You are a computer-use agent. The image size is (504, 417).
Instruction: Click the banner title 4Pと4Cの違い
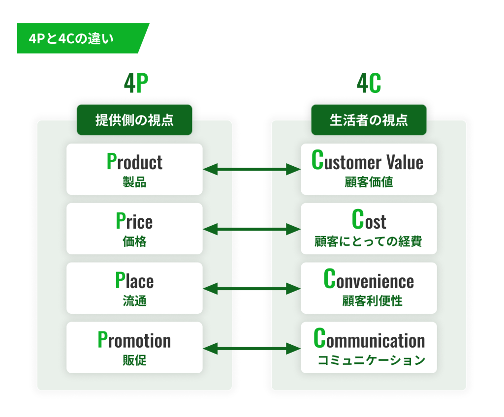[x=71, y=38]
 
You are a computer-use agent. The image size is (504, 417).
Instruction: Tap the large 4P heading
[x=136, y=83]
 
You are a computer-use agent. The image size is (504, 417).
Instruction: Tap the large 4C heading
[x=369, y=83]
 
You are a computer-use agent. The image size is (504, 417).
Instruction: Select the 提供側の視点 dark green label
[x=134, y=120]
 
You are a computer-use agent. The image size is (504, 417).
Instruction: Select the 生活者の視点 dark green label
[x=369, y=120]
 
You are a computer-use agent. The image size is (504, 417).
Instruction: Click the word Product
[x=134, y=161]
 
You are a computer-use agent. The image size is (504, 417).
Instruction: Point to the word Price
[x=134, y=221]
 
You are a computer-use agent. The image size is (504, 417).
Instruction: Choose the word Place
[x=134, y=280]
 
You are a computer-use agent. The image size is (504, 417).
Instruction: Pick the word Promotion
[x=134, y=340]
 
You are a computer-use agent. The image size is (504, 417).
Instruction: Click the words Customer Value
[x=367, y=160]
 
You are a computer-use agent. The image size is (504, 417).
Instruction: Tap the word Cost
[x=369, y=220]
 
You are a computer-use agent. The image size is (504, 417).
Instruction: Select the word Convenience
[x=369, y=279]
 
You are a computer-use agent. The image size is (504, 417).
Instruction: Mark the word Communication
[x=369, y=339]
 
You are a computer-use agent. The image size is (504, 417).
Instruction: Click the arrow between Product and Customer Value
[x=252, y=169]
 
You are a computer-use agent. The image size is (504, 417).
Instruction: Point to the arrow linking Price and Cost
[x=252, y=229]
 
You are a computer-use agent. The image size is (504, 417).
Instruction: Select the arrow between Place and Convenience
[x=252, y=289]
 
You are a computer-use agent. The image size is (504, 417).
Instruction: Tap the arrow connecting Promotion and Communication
[x=252, y=349]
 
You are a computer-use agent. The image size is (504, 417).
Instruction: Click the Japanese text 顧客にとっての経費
[x=368, y=241]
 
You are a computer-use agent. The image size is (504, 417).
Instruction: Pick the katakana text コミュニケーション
[x=371, y=360]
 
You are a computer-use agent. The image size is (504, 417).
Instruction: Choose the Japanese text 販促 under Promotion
[x=134, y=360]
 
